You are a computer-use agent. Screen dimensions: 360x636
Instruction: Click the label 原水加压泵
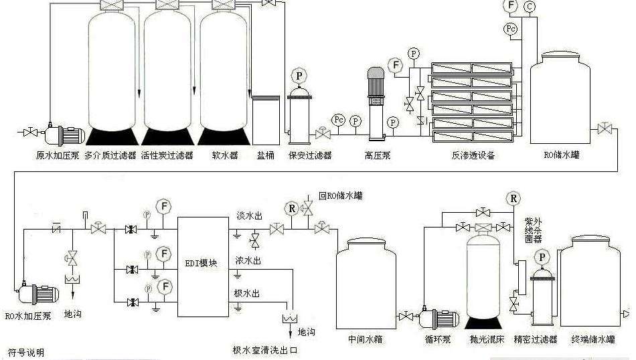pyautogui.click(x=58, y=155)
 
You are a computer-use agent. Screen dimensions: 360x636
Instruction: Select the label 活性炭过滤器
pyautogui.click(x=167, y=155)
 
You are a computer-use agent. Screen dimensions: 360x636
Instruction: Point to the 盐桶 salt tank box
pyautogui.click(x=265, y=119)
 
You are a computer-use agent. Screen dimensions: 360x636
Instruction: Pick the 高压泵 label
pyautogui.click(x=377, y=155)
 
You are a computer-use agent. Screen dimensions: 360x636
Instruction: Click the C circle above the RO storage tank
pyautogui.click(x=530, y=7)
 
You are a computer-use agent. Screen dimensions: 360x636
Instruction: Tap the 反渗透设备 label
pyautogui.click(x=473, y=155)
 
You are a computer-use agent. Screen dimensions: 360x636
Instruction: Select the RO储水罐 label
pyautogui.click(x=561, y=155)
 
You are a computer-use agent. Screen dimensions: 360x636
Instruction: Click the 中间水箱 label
pyautogui.click(x=365, y=339)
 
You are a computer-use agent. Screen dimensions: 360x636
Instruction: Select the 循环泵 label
pyautogui.click(x=438, y=339)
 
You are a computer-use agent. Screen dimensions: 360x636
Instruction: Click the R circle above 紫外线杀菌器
pyautogui.click(x=513, y=198)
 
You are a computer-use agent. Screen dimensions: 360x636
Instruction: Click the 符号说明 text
pyautogui.click(x=25, y=353)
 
